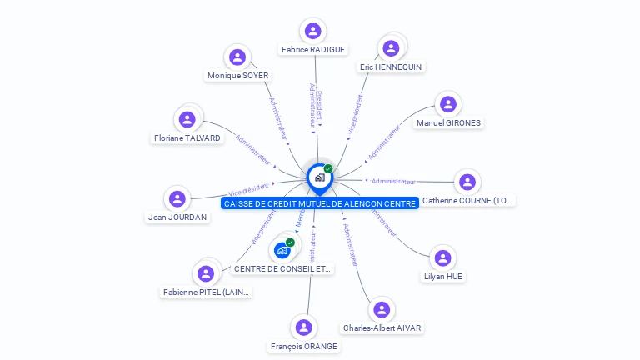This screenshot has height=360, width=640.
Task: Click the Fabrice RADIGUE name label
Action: [x=313, y=50]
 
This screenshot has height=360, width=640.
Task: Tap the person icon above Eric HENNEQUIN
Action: [x=391, y=48]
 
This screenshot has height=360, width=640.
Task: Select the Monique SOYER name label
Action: [x=237, y=76]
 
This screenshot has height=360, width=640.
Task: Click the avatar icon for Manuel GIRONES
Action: [x=448, y=104]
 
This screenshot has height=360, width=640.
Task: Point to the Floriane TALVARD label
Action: [x=187, y=137]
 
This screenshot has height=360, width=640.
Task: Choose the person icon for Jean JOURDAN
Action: [x=177, y=198]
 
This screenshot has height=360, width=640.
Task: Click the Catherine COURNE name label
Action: [x=467, y=200]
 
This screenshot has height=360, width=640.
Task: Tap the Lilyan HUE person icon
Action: [x=442, y=257]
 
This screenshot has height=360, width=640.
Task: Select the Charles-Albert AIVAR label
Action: [x=382, y=327]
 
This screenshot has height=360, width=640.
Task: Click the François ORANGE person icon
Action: [x=304, y=327]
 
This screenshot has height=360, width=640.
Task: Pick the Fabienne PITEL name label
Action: [x=206, y=292]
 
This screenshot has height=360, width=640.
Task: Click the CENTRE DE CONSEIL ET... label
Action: [x=282, y=268]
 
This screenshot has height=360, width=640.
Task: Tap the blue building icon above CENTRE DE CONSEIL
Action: [x=282, y=249]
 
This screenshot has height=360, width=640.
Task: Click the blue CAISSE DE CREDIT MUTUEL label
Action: [x=320, y=203]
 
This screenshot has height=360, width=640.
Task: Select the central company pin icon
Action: [x=318, y=177]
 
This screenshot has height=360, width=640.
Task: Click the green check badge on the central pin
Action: [x=328, y=168]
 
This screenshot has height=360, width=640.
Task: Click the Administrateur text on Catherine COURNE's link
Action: [x=393, y=181]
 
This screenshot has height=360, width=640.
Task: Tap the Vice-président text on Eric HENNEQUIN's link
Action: [x=355, y=115]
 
